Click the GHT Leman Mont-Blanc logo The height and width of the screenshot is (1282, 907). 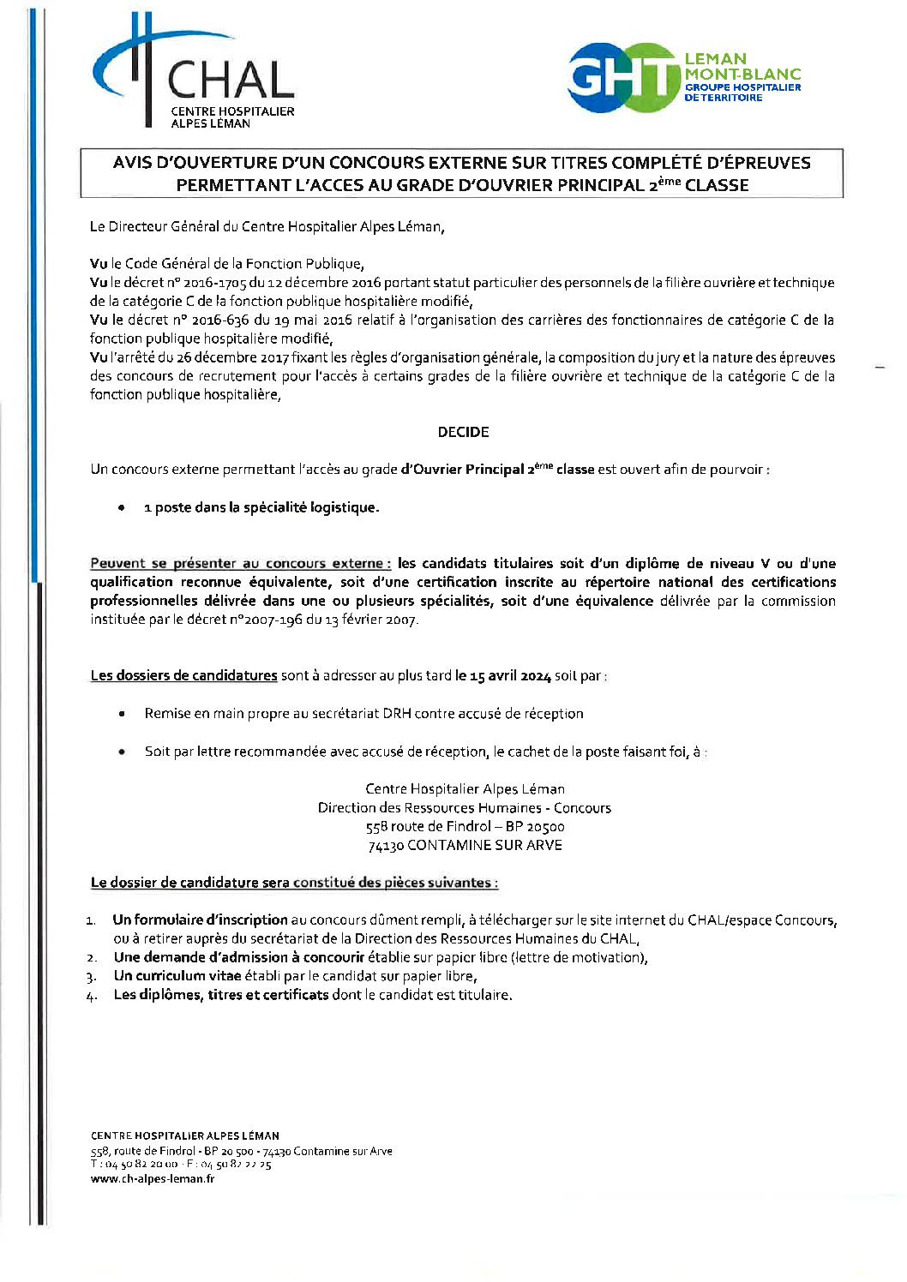click(x=684, y=78)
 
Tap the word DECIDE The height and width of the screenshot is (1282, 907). click(x=463, y=432)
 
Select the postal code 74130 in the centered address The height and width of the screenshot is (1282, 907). click(x=386, y=846)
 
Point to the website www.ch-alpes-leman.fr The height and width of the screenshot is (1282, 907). click(x=153, y=1178)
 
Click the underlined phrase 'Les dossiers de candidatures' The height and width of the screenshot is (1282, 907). click(x=183, y=675)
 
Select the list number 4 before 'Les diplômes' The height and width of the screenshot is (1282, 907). click(x=91, y=996)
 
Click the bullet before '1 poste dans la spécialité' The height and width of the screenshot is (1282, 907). click(x=123, y=507)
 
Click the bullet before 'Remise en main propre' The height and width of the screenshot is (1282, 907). click(x=123, y=713)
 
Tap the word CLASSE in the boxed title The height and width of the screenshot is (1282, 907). click(x=717, y=185)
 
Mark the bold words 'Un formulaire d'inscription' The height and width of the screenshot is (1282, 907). click(x=201, y=920)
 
